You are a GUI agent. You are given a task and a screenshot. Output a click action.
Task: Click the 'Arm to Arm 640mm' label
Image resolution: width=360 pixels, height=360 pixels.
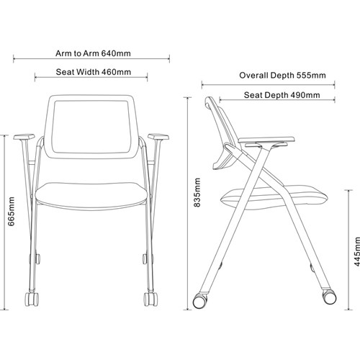point(93,53)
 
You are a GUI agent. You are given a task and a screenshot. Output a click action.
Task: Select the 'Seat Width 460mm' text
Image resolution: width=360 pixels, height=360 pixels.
point(94,72)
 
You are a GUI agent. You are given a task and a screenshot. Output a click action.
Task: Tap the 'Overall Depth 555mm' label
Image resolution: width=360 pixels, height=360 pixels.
point(282,76)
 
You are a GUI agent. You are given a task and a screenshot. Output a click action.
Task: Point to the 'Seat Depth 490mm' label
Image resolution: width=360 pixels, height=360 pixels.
point(282,95)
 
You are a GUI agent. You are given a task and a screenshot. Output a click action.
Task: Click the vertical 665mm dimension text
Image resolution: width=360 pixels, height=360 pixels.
point(12,212)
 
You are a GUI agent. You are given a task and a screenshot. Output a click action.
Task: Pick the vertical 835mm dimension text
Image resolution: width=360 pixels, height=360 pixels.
point(197,192)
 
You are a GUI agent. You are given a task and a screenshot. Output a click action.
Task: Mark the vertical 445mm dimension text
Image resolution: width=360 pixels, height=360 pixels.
point(357,251)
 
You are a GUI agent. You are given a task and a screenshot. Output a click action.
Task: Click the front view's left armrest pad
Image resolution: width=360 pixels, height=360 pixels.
point(24,137)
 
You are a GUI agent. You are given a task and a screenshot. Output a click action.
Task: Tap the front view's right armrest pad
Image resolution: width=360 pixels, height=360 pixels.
point(158,137)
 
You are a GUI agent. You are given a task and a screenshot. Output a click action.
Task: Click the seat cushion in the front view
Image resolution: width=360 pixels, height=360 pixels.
point(91,196)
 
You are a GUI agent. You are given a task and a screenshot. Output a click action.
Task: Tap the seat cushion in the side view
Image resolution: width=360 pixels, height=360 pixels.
point(274,195)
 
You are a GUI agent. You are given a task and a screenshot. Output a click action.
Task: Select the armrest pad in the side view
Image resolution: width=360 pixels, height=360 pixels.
point(266,140)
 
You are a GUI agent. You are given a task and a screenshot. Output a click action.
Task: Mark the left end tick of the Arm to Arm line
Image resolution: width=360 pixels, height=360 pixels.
point(14,58)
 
